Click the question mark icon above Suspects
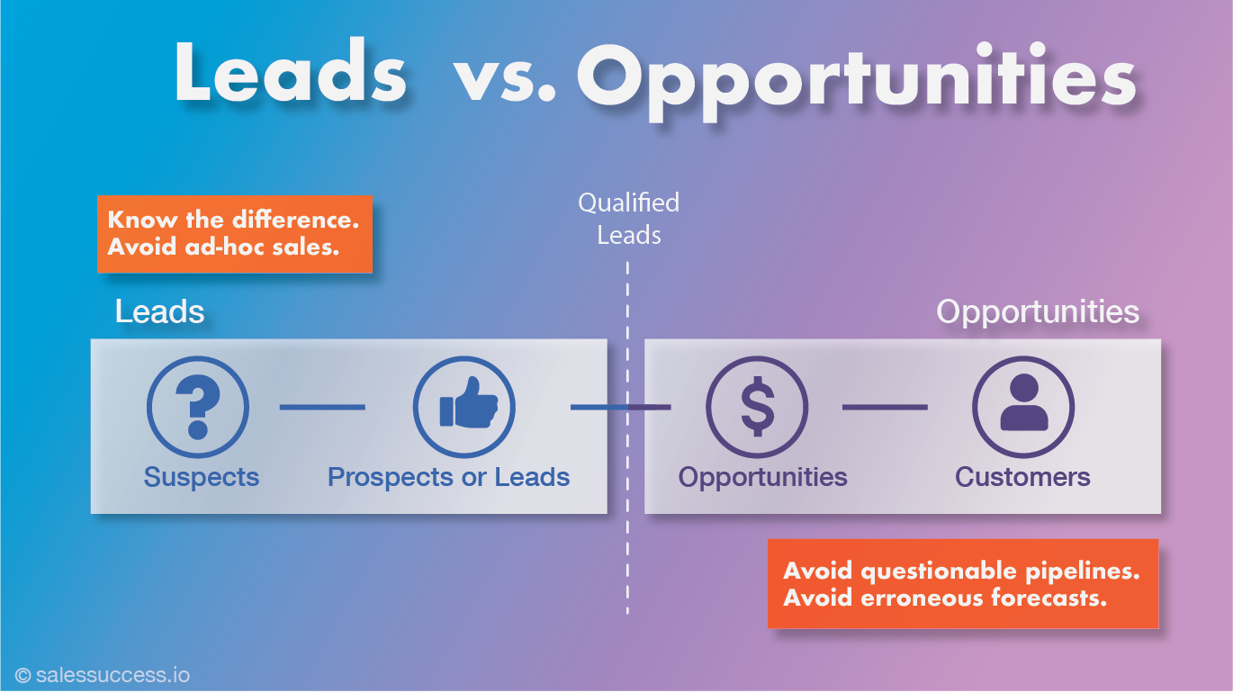[x=198, y=407]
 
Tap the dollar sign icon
[x=757, y=407]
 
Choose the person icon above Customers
[x=1023, y=407]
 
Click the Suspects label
[x=202, y=477]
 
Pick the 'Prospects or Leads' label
[x=448, y=477]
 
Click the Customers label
[x=1022, y=477]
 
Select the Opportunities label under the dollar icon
[x=762, y=477]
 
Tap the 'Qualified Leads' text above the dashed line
[x=628, y=219]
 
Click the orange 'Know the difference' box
[x=235, y=234]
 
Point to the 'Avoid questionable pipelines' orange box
[x=963, y=583]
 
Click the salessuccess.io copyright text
[x=103, y=675]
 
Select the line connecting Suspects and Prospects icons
[x=322, y=408]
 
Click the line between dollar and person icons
[x=885, y=408]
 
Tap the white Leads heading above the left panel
[x=159, y=311]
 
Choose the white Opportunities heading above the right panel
[x=1038, y=312]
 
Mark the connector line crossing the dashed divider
[x=621, y=408]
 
